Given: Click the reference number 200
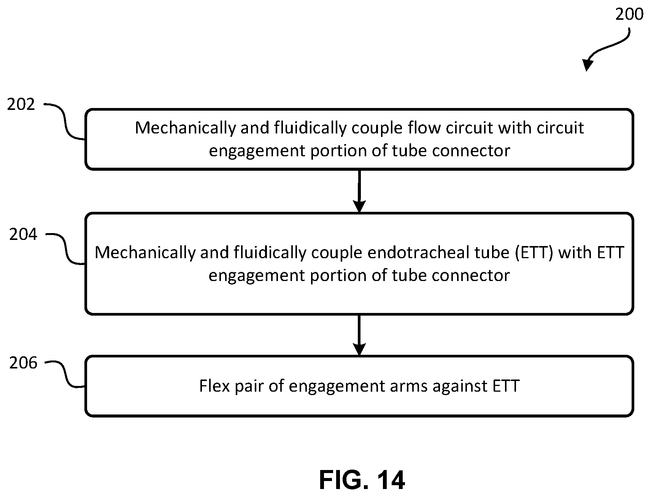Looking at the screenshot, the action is pos(629,14).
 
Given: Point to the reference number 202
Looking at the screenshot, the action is pos(21,104).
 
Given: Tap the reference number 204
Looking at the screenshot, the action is pos(24,234).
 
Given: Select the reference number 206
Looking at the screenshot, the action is pos(24,363).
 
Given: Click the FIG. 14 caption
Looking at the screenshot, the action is pos(362,480).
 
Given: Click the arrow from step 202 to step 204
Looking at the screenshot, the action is pos(359,191).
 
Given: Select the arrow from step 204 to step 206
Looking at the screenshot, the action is pos(359,335).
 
